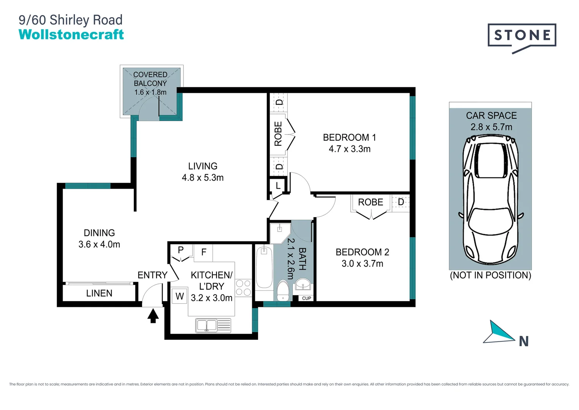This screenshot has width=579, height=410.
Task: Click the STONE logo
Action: coord(522,36)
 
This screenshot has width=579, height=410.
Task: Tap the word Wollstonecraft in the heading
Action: coord(71,35)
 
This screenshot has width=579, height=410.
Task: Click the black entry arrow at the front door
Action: coord(153,316)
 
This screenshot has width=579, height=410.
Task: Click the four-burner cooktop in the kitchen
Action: coord(243,288)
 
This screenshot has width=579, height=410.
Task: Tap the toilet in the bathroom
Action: coord(283,290)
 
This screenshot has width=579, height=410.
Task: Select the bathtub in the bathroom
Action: coord(264,267)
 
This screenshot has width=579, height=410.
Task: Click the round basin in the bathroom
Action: coord(303,284)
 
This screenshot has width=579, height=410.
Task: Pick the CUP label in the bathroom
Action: coord(306,298)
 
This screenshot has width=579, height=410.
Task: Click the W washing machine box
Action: coord(179,296)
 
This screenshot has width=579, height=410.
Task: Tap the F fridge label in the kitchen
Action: coord(204,252)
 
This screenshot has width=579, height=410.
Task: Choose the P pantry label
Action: coord(181,250)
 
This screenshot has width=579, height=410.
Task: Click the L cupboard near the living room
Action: coord(278,186)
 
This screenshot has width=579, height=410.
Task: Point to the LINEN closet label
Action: coord(99,293)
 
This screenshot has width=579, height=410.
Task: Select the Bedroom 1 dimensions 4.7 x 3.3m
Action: coord(350,149)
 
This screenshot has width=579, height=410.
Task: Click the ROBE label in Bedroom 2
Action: coord(370,202)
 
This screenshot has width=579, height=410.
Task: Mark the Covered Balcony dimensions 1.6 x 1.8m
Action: coord(150,92)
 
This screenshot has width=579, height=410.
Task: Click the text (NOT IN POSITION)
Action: coord(490,275)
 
